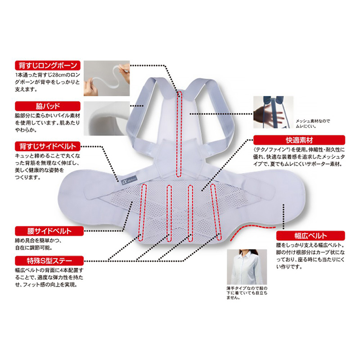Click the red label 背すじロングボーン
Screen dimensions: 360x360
tap(48, 65)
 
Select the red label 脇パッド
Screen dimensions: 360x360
tap(48, 106)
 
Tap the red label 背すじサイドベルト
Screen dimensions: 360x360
tap(48, 146)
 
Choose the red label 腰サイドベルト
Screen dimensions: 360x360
tap(49, 231)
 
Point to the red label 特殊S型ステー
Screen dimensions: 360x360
tap(49, 261)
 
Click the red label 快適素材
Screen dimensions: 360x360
tap(299, 140)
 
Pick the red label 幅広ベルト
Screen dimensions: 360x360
tap(310, 236)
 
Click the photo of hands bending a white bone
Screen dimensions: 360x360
tap(107, 78)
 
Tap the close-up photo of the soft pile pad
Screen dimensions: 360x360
tap(107, 118)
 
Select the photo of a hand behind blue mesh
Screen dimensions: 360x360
tap(273, 112)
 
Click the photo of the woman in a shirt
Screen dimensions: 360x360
tap(247, 267)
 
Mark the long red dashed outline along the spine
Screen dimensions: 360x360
tap(179, 134)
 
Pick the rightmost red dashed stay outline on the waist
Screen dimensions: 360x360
tap(216, 212)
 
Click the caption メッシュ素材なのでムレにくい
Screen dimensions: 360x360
tap(312, 123)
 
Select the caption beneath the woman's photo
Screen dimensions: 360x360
tap(247, 293)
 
